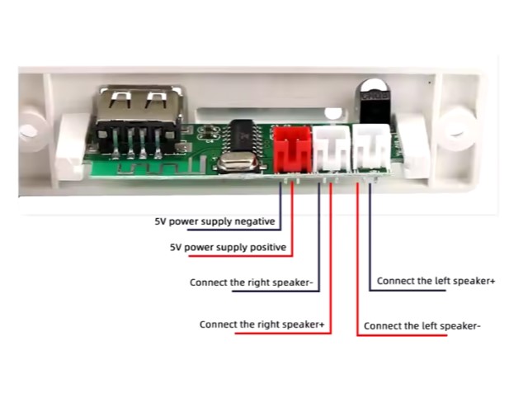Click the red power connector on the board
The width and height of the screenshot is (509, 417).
[x=290, y=148]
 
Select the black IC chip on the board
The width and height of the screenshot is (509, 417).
[x=243, y=132]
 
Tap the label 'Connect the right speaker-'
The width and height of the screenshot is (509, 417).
[x=253, y=282]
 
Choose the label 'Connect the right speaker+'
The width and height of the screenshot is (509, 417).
[x=262, y=325]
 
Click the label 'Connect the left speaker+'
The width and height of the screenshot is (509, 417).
[x=436, y=281]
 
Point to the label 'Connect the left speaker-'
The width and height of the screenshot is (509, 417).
[x=422, y=326]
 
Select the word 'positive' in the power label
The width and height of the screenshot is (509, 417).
[x=266, y=247]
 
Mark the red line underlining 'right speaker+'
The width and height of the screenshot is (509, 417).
[x=264, y=334]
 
